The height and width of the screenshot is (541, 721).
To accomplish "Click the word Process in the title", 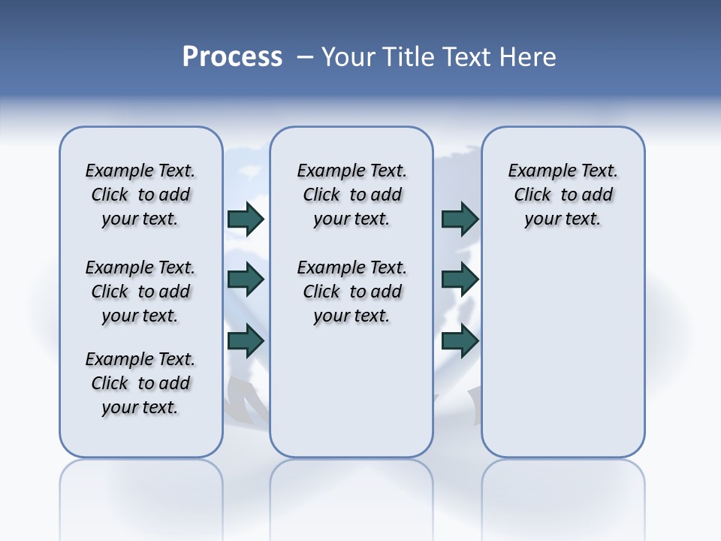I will [x=232, y=56].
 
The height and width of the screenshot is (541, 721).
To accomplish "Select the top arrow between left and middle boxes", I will [x=246, y=219].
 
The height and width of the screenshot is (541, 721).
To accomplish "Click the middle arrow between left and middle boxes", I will [x=246, y=280].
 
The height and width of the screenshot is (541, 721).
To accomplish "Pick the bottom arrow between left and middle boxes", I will [x=246, y=340].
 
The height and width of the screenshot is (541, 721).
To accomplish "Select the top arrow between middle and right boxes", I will [x=460, y=219].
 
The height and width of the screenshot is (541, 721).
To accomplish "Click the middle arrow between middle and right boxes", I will [x=460, y=280].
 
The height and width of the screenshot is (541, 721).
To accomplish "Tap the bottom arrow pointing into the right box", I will [x=460, y=340].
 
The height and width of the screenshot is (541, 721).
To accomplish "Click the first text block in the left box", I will [x=140, y=195].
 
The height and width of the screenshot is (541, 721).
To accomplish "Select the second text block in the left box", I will [x=140, y=292].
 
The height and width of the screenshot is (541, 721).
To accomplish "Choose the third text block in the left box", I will [x=140, y=383].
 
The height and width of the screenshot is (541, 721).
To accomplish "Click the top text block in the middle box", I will [x=351, y=195].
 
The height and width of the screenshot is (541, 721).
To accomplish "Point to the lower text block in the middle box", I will [x=351, y=292].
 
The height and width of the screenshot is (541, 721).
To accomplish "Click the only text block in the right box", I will [x=563, y=195].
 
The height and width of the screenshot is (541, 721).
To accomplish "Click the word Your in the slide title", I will [x=348, y=57].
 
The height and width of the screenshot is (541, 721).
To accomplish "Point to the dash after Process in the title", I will [x=305, y=57].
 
